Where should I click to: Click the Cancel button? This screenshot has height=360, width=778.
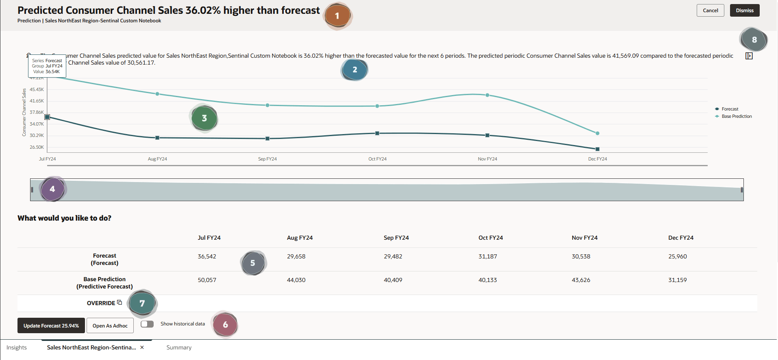[710, 11]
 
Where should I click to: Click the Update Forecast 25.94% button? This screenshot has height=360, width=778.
[51, 325]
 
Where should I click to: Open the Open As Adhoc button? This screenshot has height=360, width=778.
[110, 325]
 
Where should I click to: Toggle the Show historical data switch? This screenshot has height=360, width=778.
[147, 324]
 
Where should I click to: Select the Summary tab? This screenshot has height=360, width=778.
[179, 347]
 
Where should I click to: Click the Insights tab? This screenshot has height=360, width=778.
[17, 347]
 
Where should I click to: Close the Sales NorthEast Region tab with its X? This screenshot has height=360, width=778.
[142, 347]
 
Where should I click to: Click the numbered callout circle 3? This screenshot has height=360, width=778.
[204, 118]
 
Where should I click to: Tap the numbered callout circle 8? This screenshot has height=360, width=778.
[754, 40]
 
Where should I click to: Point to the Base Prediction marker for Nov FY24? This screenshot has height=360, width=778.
[487, 95]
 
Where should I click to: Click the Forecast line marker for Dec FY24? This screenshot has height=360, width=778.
[597, 149]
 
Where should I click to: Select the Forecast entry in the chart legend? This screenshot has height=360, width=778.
[730, 109]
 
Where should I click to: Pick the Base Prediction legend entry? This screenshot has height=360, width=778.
[736, 116]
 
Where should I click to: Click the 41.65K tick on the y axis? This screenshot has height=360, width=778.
[37, 101]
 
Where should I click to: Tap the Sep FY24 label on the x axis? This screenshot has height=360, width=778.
[267, 159]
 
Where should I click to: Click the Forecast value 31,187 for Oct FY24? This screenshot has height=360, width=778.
[488, 256]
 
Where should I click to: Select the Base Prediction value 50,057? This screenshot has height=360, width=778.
[207, 280]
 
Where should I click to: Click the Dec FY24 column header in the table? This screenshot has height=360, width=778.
[681, 238]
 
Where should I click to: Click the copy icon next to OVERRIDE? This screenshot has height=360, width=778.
[120, 302]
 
